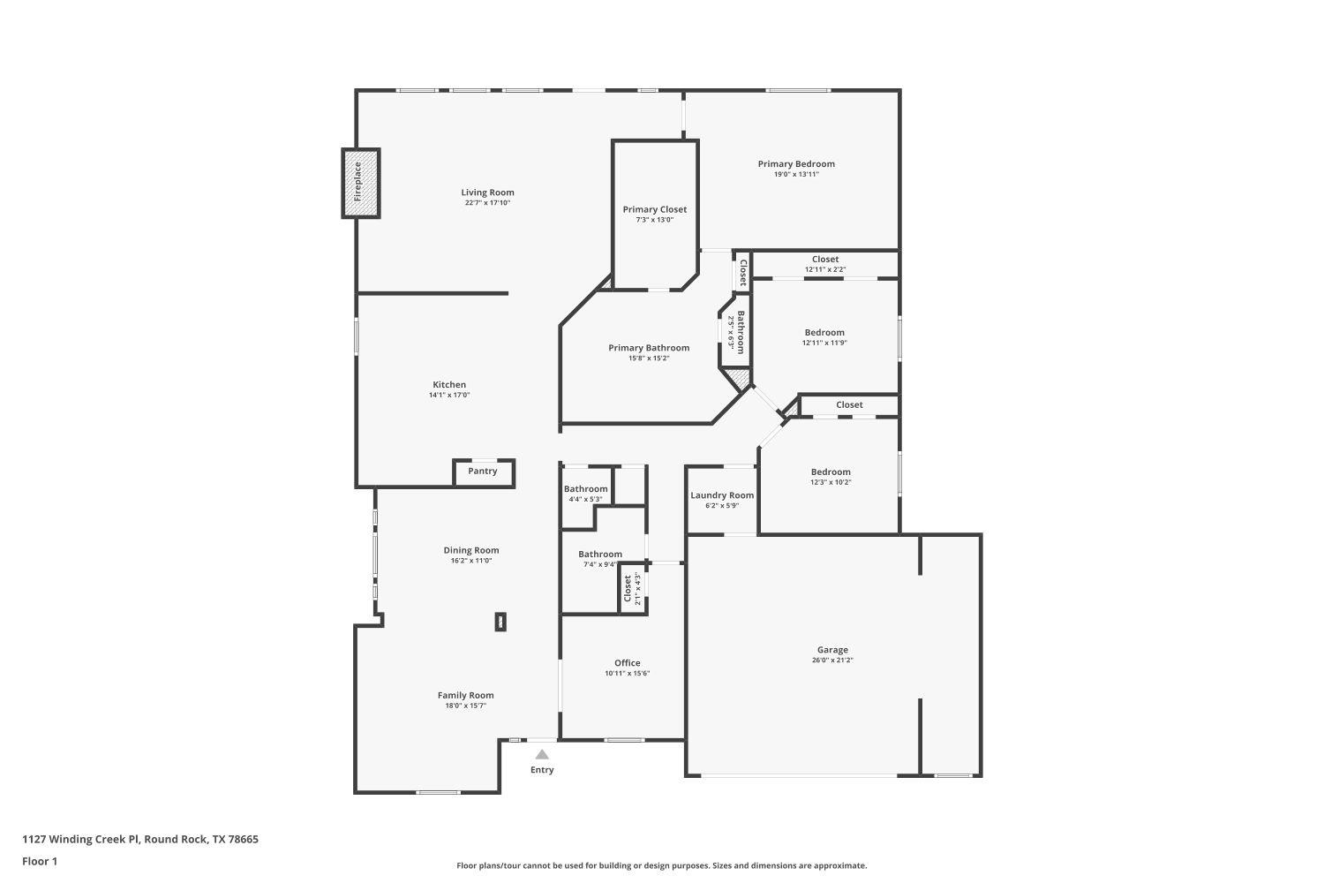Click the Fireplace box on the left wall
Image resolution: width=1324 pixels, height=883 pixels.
(x=360, y=183)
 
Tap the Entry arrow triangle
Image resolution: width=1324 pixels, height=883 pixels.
(x=542, y=754)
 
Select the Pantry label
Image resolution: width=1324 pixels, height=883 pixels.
(x=483, y=472)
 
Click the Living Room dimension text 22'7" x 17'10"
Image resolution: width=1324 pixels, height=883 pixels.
(x=488, y=203)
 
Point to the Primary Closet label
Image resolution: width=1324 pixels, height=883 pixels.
(x=654, y=209)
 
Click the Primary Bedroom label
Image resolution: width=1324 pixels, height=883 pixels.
(x=796, y=163)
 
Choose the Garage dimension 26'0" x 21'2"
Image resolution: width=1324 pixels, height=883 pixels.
(x=832, y=660)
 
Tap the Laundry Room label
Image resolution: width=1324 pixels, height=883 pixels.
(x=722, y=495)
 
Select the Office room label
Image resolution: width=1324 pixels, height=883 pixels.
(x=628, y=663)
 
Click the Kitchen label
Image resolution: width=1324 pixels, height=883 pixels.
(x=449, y=384)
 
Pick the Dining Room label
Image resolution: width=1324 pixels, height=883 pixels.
(x=471, y=550)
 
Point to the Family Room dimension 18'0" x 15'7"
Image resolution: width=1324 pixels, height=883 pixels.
(x=466, y=706)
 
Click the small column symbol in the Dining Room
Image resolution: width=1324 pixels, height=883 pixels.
(x=500, y=622)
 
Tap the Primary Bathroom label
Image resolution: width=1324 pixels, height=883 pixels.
(x=649, y=348)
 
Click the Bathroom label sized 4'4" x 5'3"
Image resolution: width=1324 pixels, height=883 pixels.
(x=585, y=489)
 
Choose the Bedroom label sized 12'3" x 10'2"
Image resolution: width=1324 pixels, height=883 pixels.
(x=831, y=472)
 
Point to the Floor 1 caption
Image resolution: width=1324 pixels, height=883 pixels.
(x=40, y=861)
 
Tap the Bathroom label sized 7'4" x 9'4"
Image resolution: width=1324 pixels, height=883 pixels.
(x=600, y=555)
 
